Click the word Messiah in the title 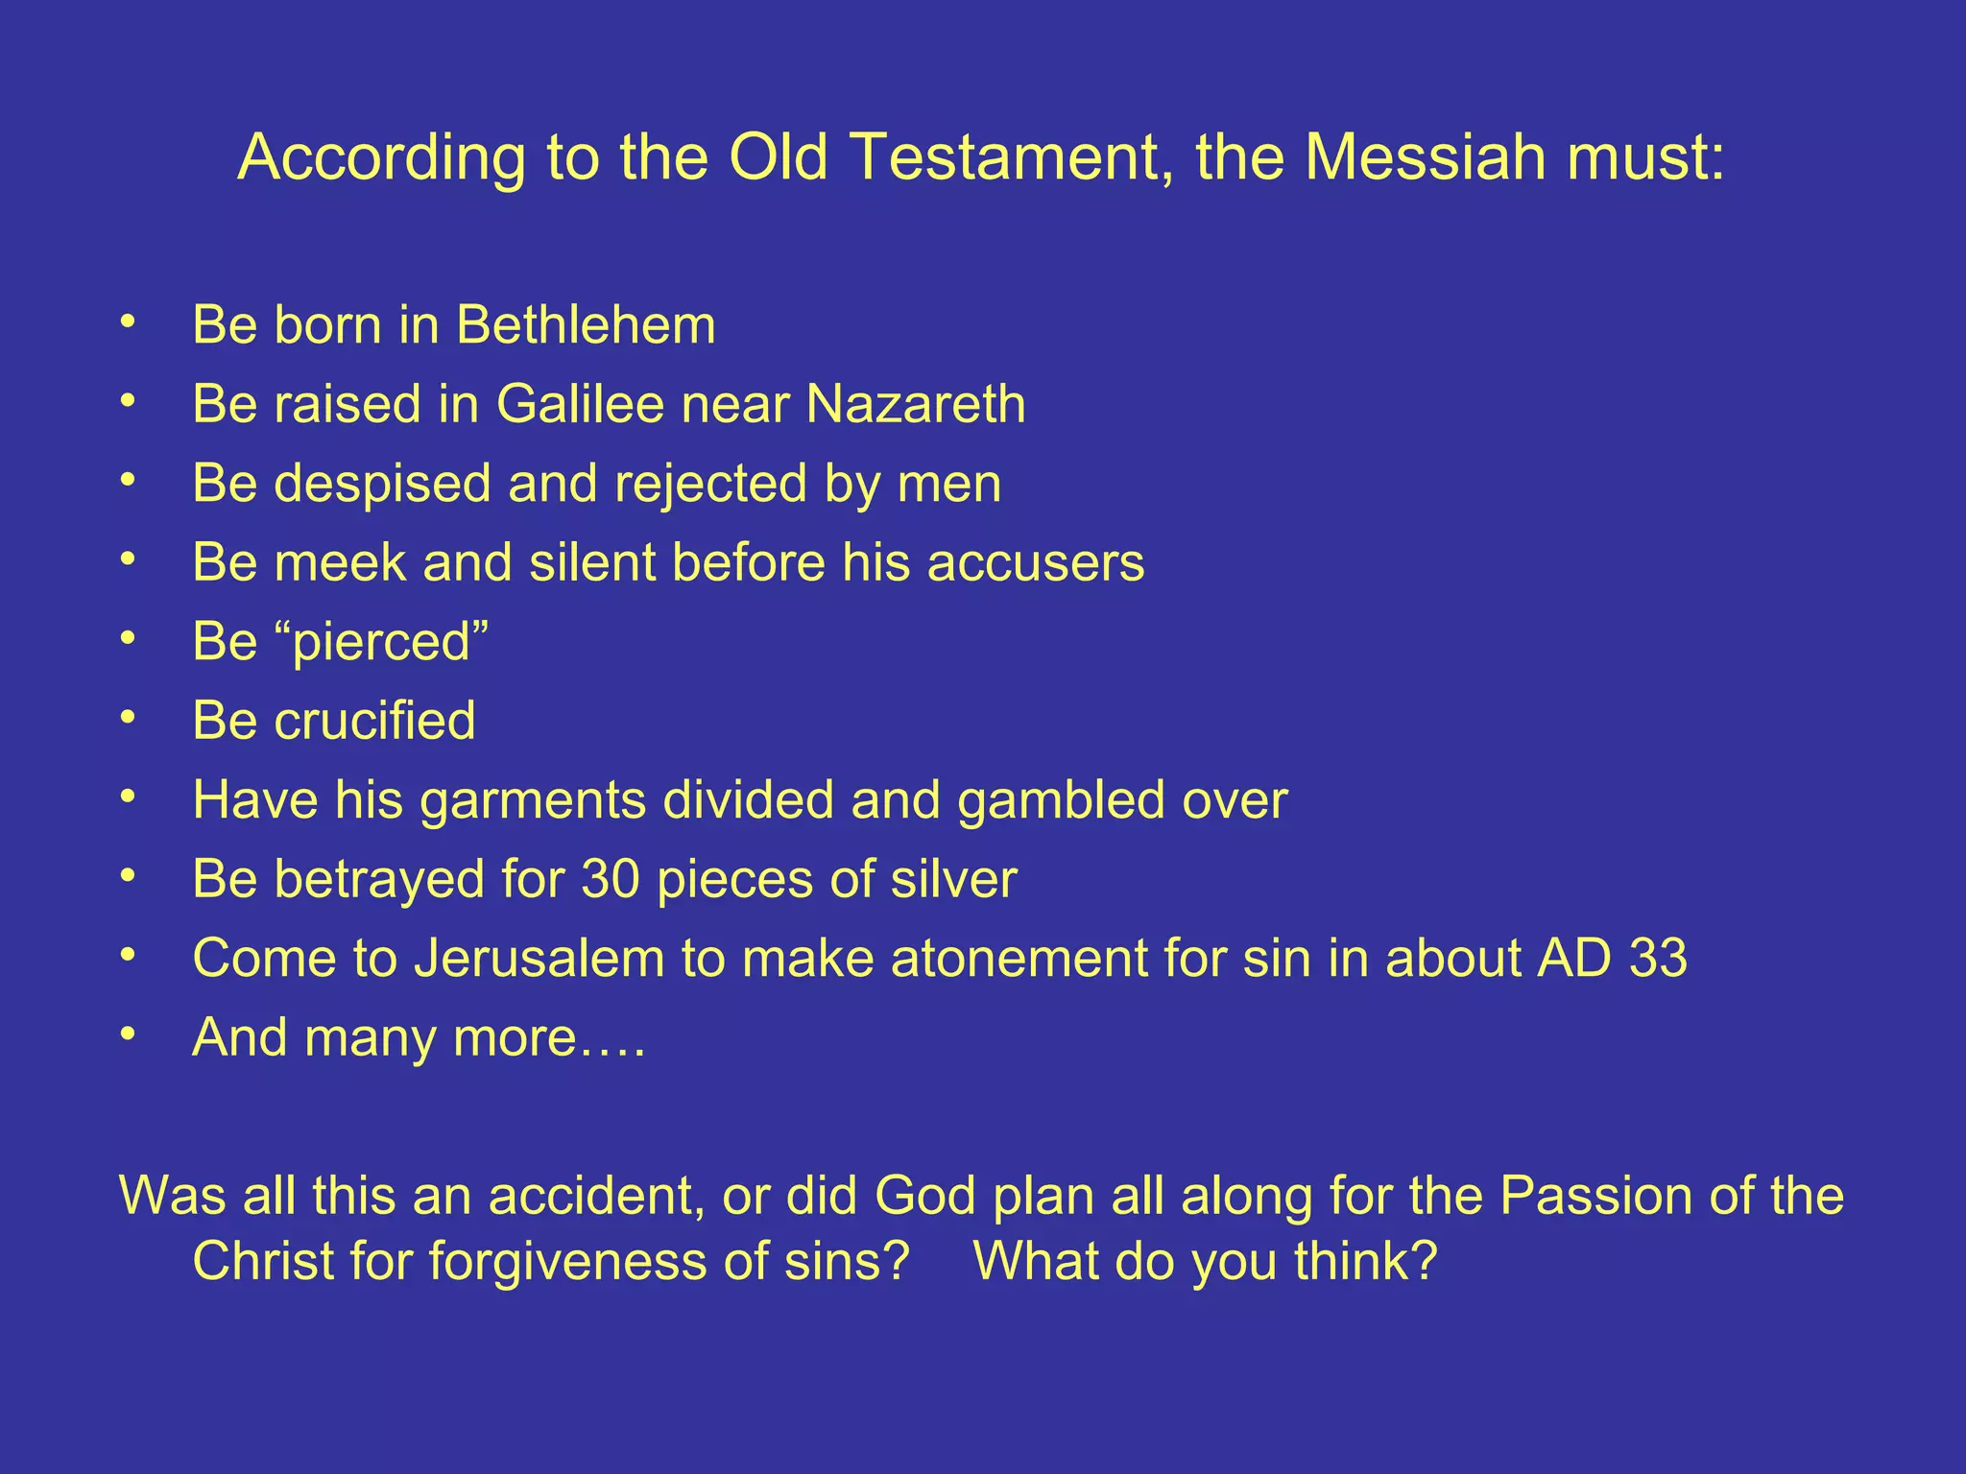(x=1425, y=156)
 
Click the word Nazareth (x=916, y=403)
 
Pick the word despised (x=382, y=483)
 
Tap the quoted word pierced (x=382, y=641)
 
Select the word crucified (x=374, y=720)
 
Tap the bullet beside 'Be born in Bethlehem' (x=128, y=322)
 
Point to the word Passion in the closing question (x=1592, y=1196)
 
